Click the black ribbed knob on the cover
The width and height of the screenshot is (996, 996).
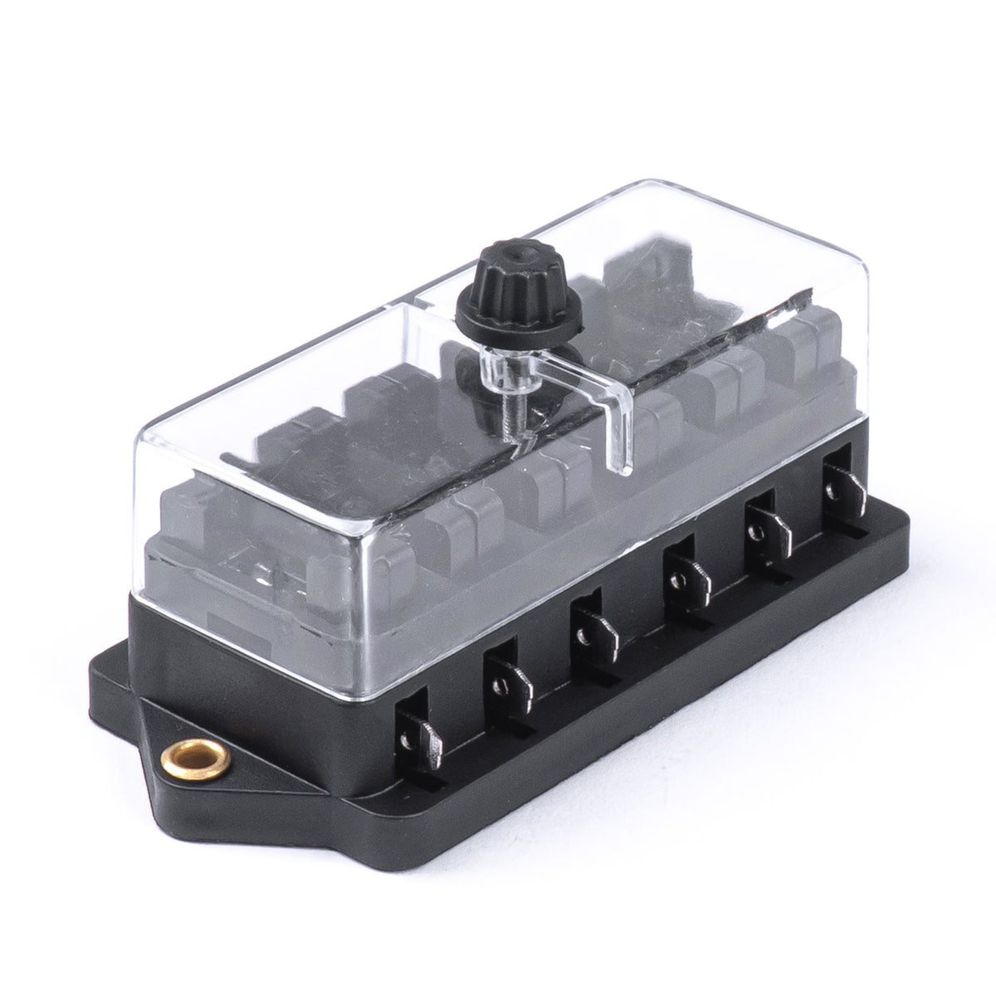pos(486,295)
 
